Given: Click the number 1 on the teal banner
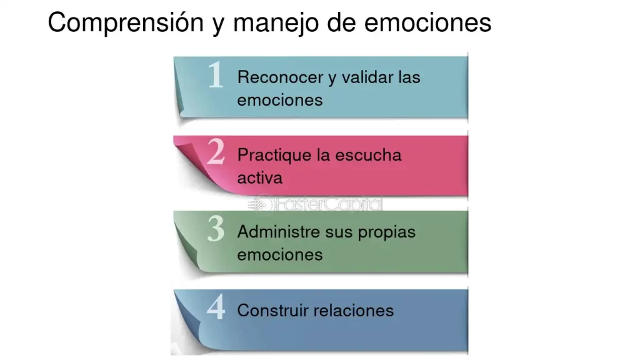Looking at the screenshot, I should [x=216, y=76].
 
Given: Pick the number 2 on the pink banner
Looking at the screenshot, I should [x=216, y=152].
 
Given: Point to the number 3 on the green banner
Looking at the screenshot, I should [x=216, y=230].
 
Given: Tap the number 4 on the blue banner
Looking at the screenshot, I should [x=216, y=307].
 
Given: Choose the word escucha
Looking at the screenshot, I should [x=368, y=155].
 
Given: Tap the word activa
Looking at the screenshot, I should [x=259, y=177].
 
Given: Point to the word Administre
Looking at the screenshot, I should [x=279, y=232].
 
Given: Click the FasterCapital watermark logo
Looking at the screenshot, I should [x=316, y=204].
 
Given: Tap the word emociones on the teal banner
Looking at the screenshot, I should [x=279, y=100].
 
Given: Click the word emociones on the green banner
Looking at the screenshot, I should [x=279, y=254].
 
